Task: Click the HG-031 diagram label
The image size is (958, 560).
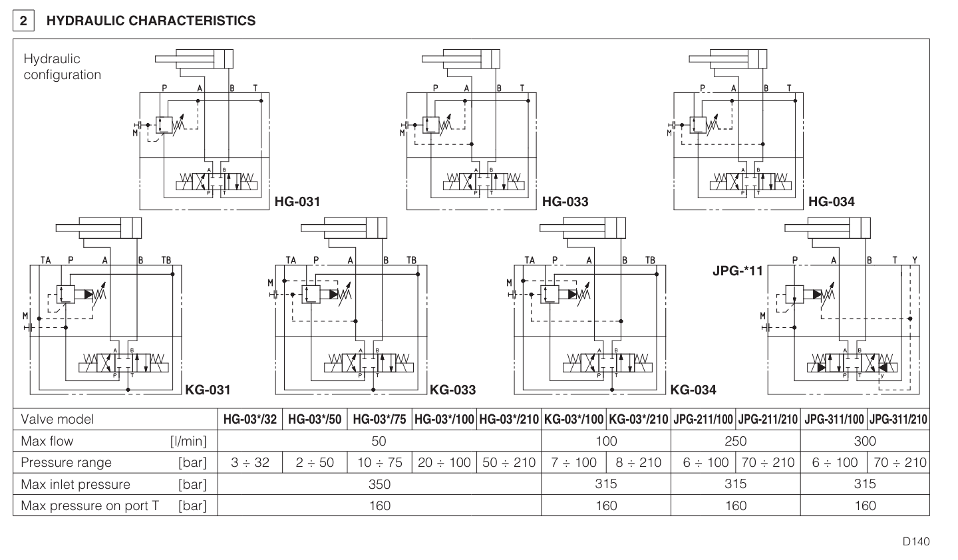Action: (x=297, y=202)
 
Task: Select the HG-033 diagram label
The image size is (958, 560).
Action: (x=565, y=202)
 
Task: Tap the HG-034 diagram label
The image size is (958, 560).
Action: (x=831, y=202)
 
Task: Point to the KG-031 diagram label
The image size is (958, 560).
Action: (x=208, y=390)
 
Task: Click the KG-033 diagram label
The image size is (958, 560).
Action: (x=452, y=390)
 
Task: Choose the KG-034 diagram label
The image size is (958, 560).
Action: (x=693, y=390)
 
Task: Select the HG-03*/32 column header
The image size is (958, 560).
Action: (x=249, y=420)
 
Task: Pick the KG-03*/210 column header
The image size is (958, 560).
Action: (x=638, y=420)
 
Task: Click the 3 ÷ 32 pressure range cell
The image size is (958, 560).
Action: (x=249, y=462)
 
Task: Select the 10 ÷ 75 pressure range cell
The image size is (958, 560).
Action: (x=379, y=462)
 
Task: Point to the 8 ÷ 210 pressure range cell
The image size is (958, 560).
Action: (x=638, y=462)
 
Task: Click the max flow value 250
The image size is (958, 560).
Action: (x=735, y=441)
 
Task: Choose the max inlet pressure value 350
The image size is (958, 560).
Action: (x=379, y=484)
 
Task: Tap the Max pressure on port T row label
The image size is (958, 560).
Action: (x=90, y=505)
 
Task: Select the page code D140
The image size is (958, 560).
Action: (x=916, y=541)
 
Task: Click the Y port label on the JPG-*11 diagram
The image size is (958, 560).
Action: (x=914, y=260)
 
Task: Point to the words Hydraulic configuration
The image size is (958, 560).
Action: (x=62, y=67)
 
